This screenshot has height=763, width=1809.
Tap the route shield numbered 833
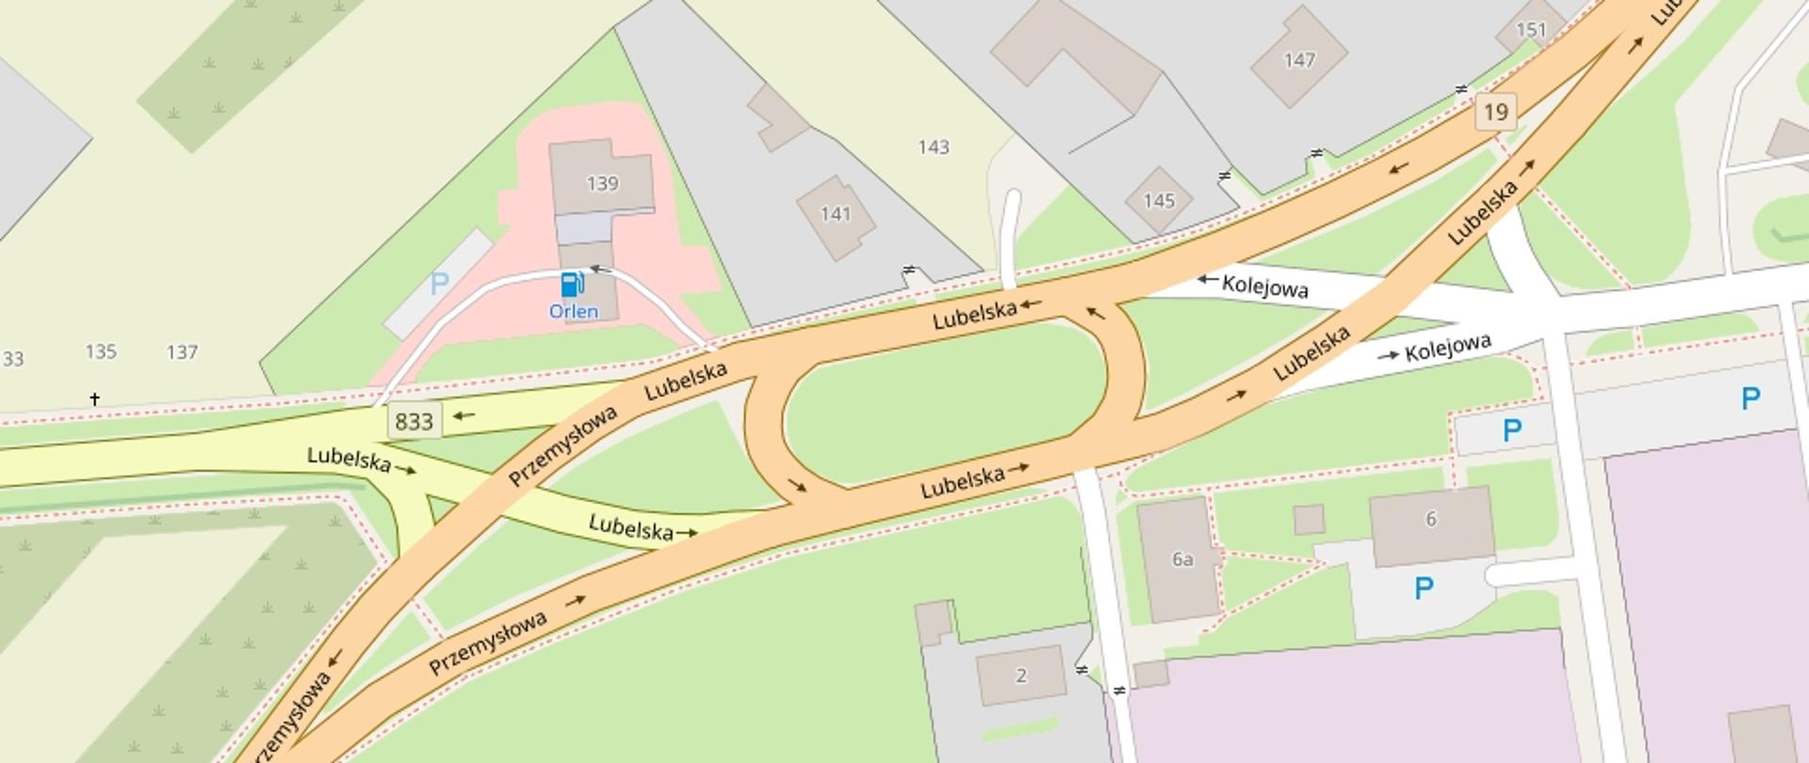tap(414, 421)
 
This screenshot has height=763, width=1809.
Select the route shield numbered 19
tap(1495, 112)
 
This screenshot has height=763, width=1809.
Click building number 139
tap(602, 183)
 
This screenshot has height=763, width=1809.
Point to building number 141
tap(835, 214)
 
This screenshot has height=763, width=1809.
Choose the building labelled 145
tap(1158, 201)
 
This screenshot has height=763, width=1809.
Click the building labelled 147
tap(1298, 60)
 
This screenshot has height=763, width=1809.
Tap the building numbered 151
tap(1531, 30)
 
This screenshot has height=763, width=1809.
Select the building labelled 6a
tap(1182, 559)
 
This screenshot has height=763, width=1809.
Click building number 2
tap(1020, 675)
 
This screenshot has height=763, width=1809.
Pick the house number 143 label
tap(933, 147)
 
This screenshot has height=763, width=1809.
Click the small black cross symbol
tap(94, 399)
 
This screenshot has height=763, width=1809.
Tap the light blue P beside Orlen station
tap(438, 283)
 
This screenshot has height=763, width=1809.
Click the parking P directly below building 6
tap(1424, 590)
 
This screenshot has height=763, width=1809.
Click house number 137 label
tap(182, 352)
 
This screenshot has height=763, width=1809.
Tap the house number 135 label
tap(101, 351)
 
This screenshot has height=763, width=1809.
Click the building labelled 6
tap(1430, 519)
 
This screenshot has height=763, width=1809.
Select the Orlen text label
tap(573, 311)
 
